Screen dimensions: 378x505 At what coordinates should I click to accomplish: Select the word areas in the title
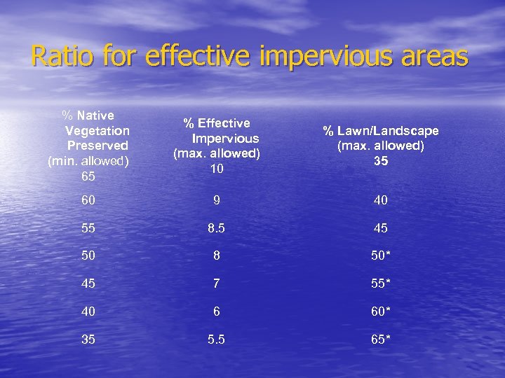coord(434,56)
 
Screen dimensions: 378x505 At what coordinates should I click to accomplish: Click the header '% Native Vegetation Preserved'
coord(97,130)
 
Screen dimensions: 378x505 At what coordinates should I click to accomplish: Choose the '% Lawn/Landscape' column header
coord(381,131)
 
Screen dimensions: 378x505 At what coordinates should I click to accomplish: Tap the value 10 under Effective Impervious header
coord(217,169)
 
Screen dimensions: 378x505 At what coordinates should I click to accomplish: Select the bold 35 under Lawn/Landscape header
coord(381,161)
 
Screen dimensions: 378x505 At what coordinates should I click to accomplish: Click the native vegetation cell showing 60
coord(88,201)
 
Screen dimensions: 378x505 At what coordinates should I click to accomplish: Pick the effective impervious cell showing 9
coord(217,201)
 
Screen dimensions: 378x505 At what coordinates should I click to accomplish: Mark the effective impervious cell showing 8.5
coord(217,228)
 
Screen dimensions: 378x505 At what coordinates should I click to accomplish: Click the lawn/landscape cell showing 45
coord(381,228)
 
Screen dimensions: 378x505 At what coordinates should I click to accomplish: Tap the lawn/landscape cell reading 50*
coord(382,256)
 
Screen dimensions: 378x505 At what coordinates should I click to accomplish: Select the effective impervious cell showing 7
coord(217,284)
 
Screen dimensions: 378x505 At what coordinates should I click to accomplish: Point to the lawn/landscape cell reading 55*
coord(382,284)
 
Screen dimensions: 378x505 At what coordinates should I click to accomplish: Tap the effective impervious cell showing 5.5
coord(217,340)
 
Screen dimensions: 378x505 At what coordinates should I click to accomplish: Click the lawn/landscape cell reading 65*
coord(382,340)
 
